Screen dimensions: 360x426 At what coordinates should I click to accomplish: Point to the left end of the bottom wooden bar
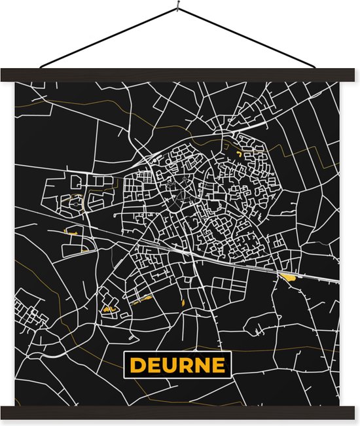(x=5, y=412)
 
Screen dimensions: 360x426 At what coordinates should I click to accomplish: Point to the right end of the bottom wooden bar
(x=353, y=412)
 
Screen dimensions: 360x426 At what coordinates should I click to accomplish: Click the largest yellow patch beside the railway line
(x=287, y=277)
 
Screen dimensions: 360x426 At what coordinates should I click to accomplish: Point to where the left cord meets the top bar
(x=41, y=68)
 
